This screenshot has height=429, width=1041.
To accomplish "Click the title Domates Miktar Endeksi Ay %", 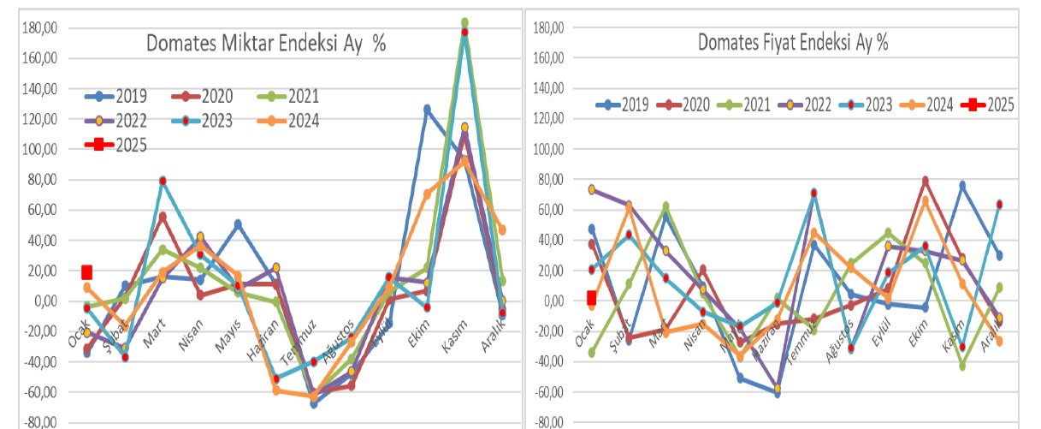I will point(265,44).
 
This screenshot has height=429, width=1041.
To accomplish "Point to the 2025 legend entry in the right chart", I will point(989,104).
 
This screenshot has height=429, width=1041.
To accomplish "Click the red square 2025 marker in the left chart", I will point(87,272).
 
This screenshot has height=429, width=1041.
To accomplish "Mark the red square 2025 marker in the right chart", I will point(591,298).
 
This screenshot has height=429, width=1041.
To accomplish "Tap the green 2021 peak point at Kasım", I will point(464,22).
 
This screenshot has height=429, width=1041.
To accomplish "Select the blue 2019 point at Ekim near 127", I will point(427,109).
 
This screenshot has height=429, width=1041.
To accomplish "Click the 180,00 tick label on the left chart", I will point(40,28).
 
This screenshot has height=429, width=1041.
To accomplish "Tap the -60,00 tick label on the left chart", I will point(40,392).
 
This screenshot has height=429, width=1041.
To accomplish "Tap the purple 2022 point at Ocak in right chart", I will point(592,189).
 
